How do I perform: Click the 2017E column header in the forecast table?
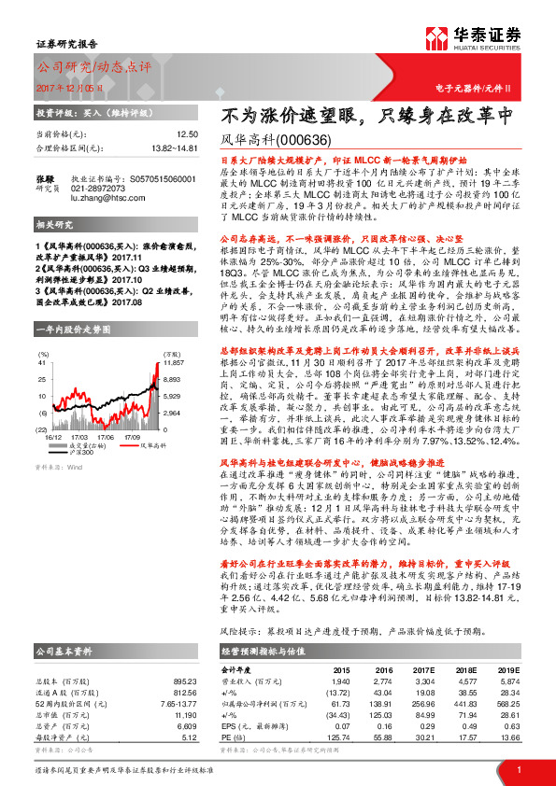[420, 670]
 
